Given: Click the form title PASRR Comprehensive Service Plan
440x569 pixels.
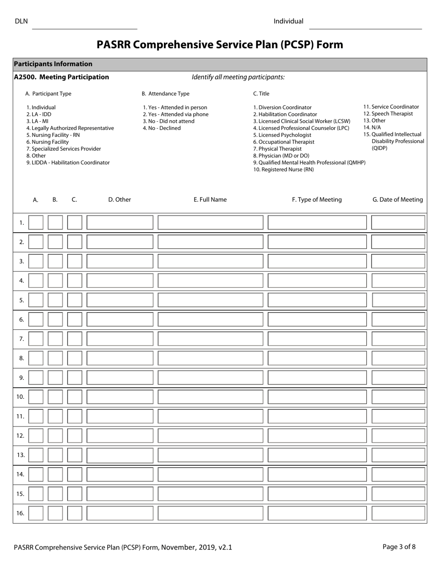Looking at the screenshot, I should [x=220, y=44].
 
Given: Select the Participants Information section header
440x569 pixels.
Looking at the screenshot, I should [x=53, y=64].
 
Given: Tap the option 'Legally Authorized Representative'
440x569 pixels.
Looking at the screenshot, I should [x=70, y=128].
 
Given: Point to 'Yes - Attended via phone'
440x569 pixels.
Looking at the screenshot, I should [x=176, y=114].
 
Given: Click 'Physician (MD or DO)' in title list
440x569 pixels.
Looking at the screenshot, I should [x=281, y=156].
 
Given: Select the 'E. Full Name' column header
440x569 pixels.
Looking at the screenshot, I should [x=210, y=199].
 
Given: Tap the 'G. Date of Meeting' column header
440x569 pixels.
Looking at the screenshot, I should [x=397, y=199].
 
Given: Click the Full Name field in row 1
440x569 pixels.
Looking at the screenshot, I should [x=210, y=223].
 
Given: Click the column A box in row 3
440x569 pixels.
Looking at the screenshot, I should [x=36, y=261].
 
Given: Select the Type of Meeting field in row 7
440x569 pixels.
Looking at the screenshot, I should [x=317, y=339].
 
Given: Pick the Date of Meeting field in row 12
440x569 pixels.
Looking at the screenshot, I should [x=398, y=436].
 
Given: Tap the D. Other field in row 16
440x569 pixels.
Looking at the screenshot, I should [x=119, y=513].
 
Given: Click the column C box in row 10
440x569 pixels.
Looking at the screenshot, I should [x=75, y=397].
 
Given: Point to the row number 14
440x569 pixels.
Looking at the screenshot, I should [x=20, y=474].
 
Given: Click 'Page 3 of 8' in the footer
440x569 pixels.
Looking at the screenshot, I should [x=399, y=547].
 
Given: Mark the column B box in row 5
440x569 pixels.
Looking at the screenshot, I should [x=55, y=300].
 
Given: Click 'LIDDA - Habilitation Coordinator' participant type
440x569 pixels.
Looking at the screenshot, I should [x=68, y=163].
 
